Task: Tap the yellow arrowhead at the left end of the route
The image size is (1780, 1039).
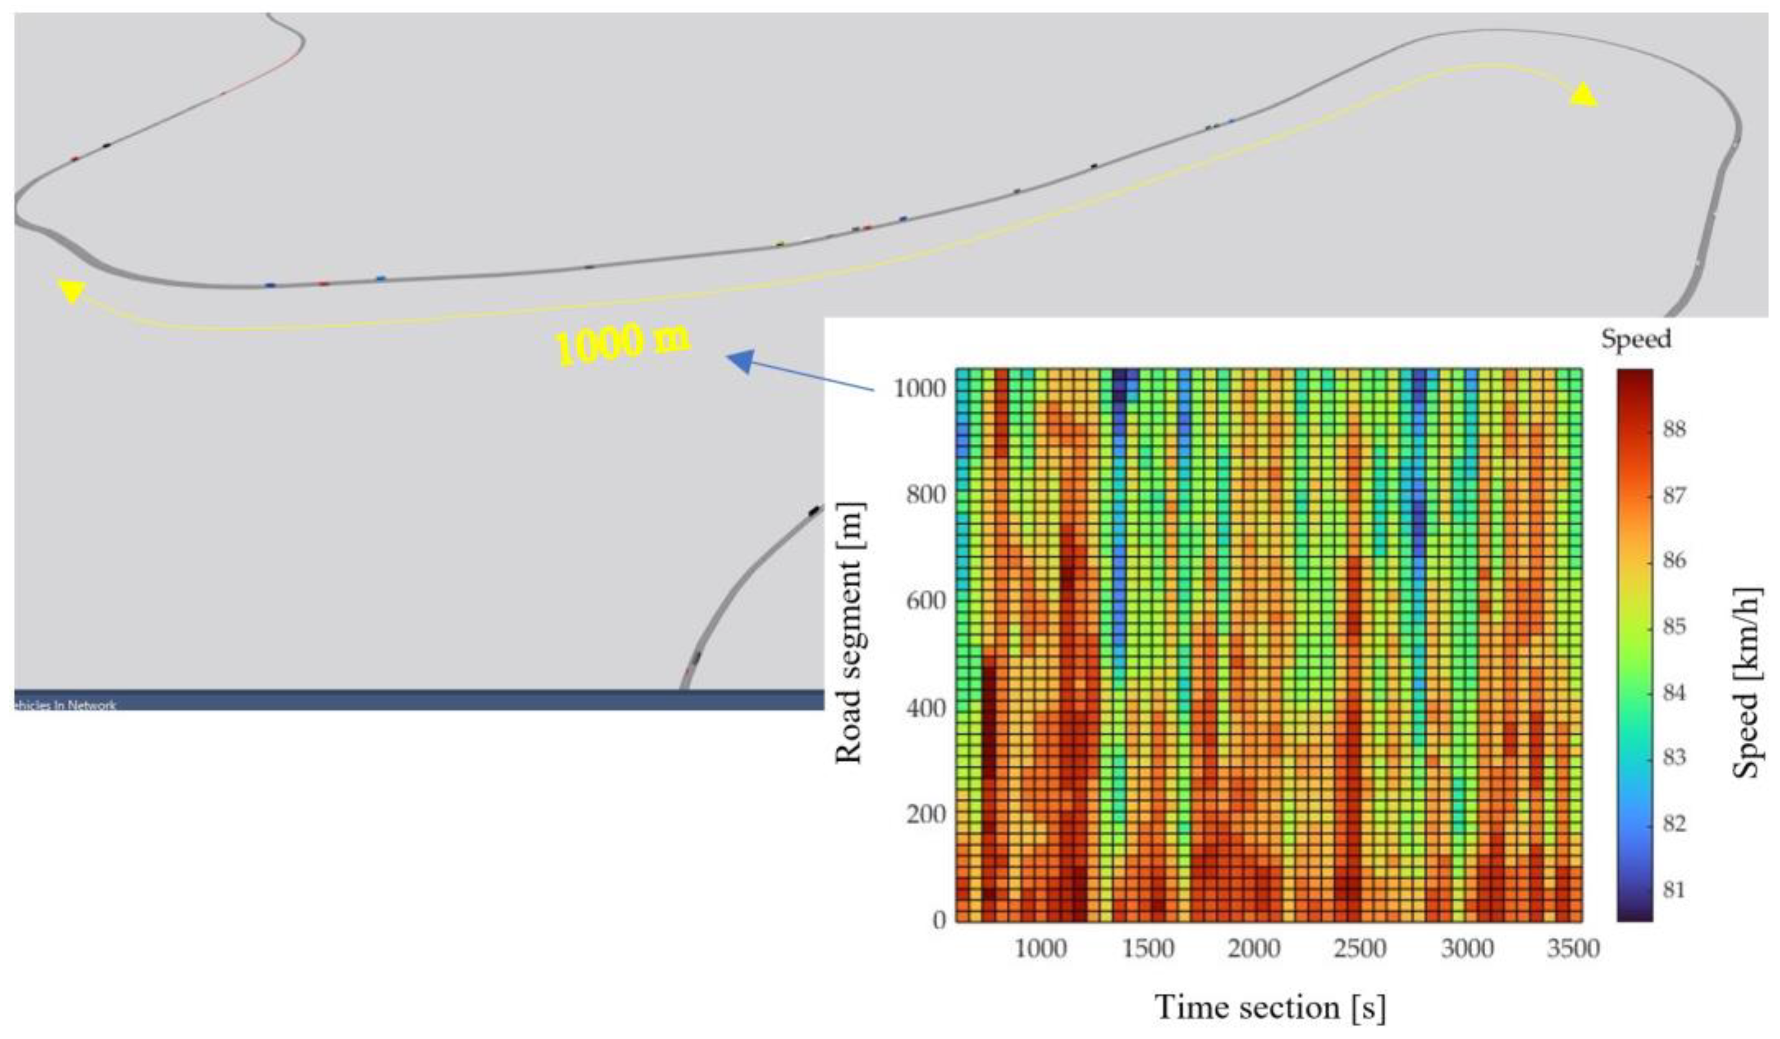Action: [71, 290]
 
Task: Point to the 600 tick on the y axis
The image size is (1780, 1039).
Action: [926, 601]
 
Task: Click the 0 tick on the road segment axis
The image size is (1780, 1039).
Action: [939, 920]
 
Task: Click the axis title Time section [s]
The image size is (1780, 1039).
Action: [1269, 1007]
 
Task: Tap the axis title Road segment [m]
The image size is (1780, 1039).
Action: [850, 633]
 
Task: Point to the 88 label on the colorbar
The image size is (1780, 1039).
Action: [1674, 428]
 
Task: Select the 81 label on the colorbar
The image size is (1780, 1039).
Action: [1674, 889]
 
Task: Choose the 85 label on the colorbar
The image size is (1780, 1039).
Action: [1674, 626]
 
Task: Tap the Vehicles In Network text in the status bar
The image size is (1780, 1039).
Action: [65, 704]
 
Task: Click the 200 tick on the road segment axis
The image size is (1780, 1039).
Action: [926, 814]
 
